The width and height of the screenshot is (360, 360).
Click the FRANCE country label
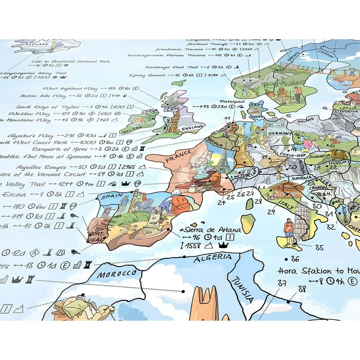click(x=178, y=156)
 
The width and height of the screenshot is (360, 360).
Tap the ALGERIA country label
click(x=212, y=258)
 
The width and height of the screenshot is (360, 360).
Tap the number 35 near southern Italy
click(x=319, y=247)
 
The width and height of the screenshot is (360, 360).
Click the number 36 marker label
click(x=295, y=258)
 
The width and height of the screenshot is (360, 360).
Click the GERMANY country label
click(x=280, y=133)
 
